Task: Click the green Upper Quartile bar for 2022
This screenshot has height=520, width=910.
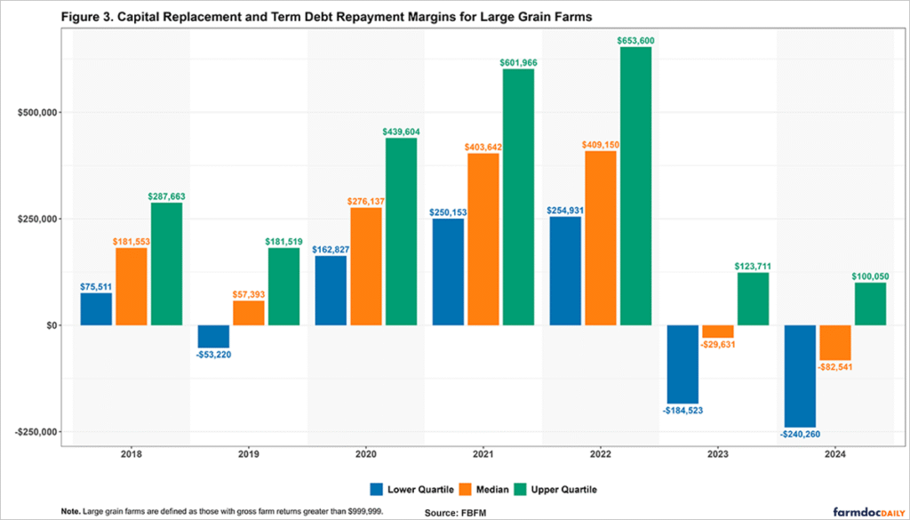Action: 635,186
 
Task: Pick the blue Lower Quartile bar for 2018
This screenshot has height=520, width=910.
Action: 96,309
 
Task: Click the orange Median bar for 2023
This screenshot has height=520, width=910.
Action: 718,332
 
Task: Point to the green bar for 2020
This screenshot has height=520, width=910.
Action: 401,231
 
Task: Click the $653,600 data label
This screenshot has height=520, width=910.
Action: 635,41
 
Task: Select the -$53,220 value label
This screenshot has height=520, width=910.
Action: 213,355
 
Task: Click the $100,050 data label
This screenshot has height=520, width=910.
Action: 870,276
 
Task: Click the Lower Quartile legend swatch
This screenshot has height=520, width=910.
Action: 376,488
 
